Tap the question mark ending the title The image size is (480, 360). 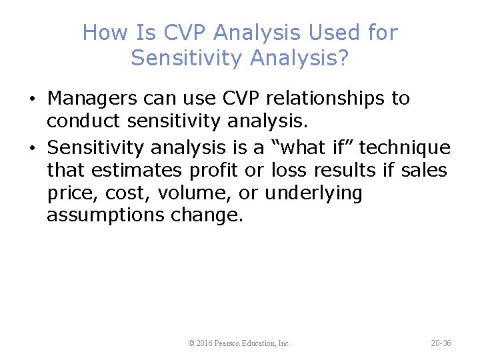343,58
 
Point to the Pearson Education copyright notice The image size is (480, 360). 239,343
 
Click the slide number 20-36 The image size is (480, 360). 441,343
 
